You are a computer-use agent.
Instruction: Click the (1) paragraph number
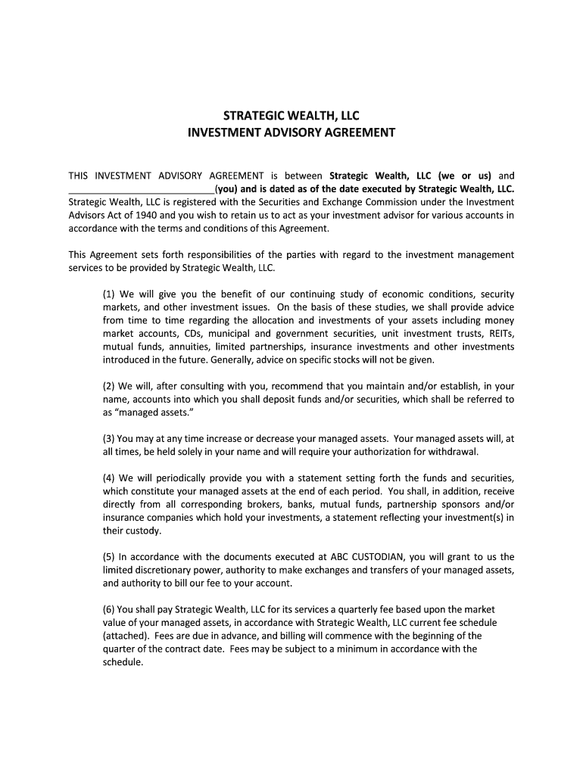(x=110, y=294)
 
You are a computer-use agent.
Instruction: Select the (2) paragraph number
(x=110, y=386)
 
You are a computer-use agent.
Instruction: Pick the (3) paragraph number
(x=110, y=438)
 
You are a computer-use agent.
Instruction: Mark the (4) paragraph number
(x=110, y=478)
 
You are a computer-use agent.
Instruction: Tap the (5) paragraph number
(x=110, y=557)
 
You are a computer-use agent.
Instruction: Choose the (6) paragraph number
(x=110, y=609)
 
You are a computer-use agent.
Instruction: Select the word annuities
(x=191, y=347)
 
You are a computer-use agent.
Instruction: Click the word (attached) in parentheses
(x=127, y=636)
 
